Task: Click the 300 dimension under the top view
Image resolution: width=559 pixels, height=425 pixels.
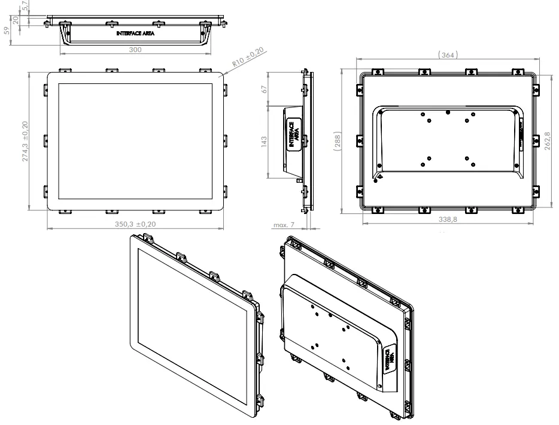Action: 135,50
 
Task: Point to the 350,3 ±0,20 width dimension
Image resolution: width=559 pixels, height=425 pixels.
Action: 135,224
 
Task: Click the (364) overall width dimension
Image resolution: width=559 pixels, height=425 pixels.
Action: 448,55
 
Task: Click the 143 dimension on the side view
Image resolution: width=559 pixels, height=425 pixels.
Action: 264,140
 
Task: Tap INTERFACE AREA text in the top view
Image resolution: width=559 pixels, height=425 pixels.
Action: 136,34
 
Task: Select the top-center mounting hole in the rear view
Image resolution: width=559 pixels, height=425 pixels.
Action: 448,111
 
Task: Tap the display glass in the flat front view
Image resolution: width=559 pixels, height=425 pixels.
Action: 135,141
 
